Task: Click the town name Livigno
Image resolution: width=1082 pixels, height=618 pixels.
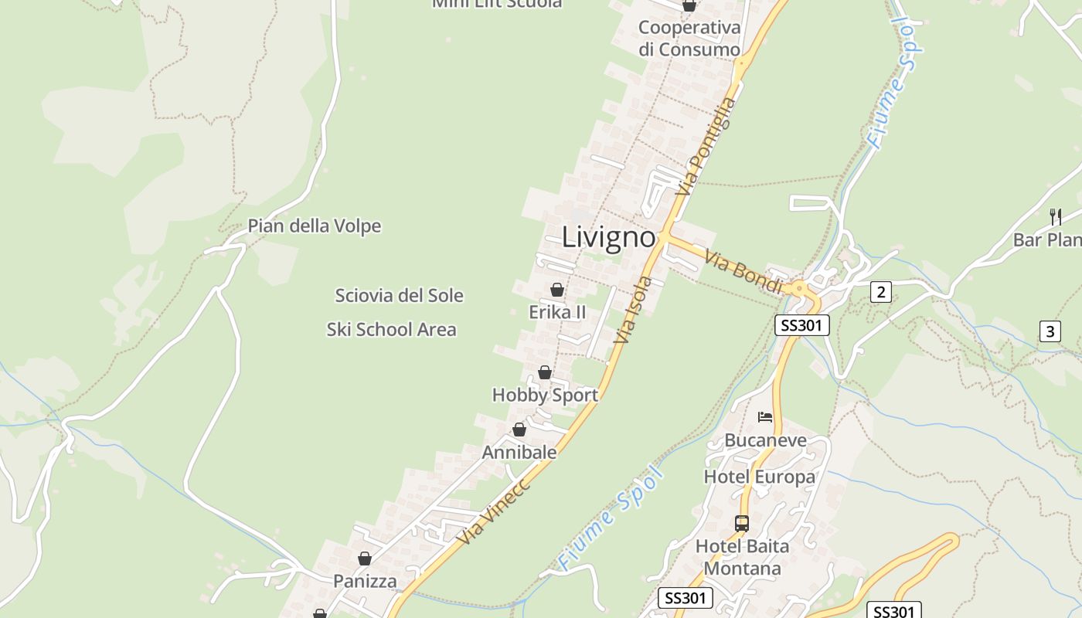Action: coord(608,236)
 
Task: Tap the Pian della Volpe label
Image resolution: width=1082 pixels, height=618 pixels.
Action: coord(314,226)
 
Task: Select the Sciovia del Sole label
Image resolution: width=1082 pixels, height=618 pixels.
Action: coord(399,295)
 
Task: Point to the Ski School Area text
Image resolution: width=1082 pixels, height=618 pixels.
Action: coord(391,330)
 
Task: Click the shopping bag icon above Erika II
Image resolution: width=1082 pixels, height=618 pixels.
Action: coord(556,290)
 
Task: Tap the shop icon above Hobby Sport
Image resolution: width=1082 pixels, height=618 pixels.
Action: coord(545,372)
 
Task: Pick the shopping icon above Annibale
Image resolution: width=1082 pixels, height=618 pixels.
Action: coord(519,430)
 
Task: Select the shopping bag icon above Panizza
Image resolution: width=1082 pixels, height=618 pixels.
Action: coord(364,558)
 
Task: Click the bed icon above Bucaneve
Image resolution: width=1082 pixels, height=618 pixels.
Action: coord(765,417)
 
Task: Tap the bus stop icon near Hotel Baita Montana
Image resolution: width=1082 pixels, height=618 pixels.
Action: coord(742,523)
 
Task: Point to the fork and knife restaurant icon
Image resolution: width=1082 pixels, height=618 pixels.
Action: coord(1056,216)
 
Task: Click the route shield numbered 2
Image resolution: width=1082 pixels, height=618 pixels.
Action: coord(880,292)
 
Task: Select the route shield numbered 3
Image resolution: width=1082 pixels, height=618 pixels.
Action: coord(1050,332)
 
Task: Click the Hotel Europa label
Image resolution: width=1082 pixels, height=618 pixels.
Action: coord(759,477)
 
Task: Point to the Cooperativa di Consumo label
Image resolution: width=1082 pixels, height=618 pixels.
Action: coord(689,39)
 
